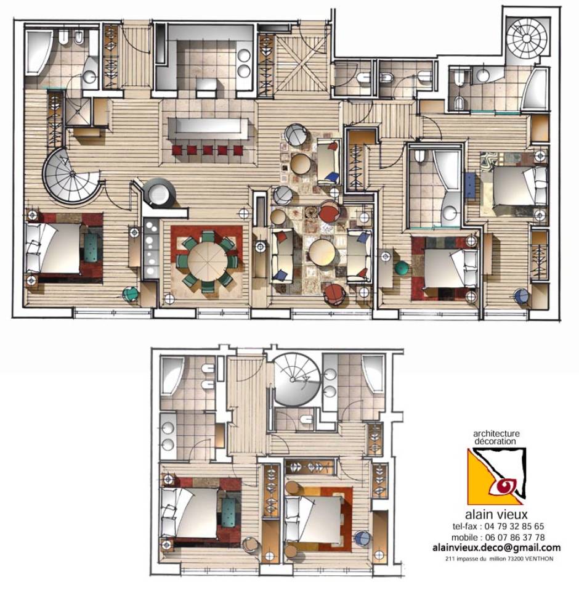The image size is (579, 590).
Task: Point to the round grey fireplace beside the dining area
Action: point(160,193)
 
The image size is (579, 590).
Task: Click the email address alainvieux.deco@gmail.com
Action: point(496,547)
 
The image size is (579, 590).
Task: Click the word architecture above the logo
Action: point(496,434)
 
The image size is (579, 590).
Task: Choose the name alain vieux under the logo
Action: point(496,514)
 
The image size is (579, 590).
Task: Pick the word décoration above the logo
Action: point(495,441)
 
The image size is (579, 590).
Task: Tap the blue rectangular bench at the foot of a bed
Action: point(469,185)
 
